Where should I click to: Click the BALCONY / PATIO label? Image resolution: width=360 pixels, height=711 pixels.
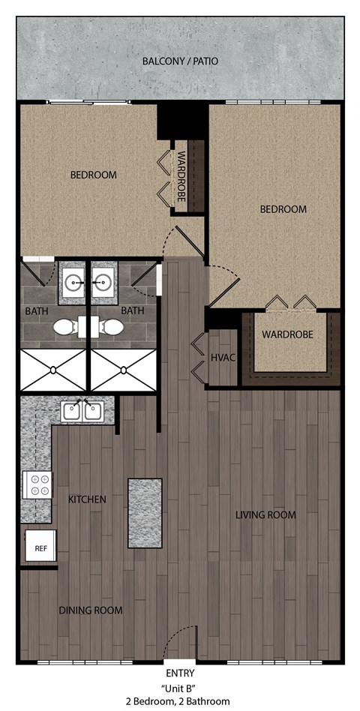point(180,60)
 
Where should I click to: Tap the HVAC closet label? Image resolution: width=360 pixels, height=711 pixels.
point(223,358)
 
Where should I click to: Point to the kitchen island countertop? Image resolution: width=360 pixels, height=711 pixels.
point(145,512)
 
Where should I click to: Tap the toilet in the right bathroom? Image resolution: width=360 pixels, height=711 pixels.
point(112,327)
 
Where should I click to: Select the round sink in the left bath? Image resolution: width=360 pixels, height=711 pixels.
point(73,283)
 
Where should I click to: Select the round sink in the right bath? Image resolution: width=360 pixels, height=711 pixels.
point(103,283)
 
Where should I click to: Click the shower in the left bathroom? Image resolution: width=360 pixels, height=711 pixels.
point(53,370)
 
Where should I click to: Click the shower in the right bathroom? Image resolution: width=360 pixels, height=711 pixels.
point(123,370)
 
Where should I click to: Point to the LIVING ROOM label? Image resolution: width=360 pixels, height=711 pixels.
point(265,515)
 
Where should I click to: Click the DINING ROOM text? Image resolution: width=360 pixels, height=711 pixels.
point(90,610)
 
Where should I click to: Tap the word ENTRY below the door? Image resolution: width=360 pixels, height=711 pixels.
point(180,673)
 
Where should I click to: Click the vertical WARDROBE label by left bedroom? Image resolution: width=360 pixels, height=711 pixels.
point(181,177)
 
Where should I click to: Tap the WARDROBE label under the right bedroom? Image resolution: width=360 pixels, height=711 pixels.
point(287,334)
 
